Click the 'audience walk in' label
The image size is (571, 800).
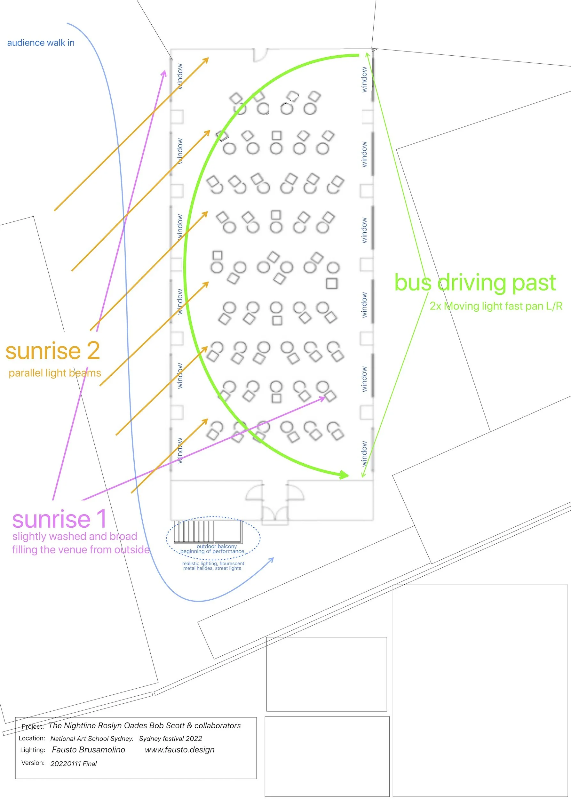41,43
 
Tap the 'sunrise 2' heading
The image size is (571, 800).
53,351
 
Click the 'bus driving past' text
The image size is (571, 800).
475,283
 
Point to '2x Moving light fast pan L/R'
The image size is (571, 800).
496,306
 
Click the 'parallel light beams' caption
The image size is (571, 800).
55,373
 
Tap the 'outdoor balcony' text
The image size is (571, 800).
217,546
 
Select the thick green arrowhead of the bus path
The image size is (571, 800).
344,475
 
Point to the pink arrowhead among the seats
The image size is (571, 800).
322,398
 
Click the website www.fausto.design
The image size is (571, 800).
180,749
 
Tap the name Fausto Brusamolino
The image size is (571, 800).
89,749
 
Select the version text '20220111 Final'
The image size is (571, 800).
74,764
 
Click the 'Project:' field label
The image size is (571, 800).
33,726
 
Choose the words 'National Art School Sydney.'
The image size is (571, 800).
92,739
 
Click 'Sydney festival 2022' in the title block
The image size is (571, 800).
171,739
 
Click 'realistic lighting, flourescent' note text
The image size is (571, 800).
213,563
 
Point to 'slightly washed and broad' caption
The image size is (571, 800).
75,536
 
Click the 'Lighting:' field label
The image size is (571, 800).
33,750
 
